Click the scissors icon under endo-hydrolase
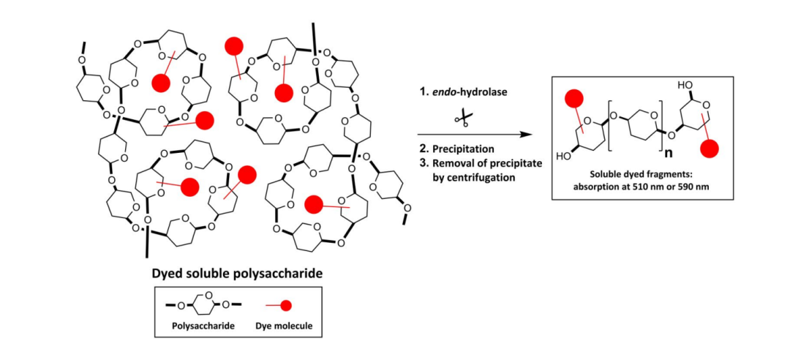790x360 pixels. (x=462, y=119)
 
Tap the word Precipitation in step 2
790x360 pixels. (x=463, y=150)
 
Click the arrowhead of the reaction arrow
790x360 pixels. (x=527, y=135)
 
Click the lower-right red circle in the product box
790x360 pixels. (x=710, y=149)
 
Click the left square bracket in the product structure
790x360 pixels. (x=609, y=127)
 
